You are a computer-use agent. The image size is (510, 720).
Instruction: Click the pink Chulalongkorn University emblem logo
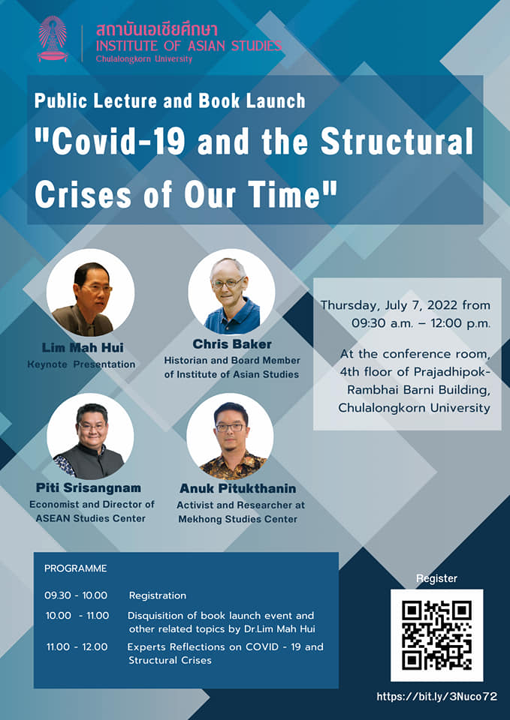pyautogui.click(x=53, y=39)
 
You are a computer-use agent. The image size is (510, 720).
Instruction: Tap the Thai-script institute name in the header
pyautogui.click(x=156, y=29)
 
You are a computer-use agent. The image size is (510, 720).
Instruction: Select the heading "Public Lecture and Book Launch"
pyautogui.click(x=170, y=100)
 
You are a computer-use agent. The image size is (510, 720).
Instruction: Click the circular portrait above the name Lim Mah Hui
pyautogui.click(x=91, y=292)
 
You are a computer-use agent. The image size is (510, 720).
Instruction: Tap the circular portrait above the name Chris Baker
pyautogui.click(x=231, y=292)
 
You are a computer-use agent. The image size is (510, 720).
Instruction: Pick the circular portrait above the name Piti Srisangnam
pyautogui.click(x=90, y=436)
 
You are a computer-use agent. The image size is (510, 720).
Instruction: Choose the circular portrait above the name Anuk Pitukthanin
pyautogui.click(x=230, y=436)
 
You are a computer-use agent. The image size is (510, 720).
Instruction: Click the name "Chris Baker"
pyautogui.click(x=232, y=344)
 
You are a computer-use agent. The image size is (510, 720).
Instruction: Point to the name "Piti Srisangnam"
pyautogui.click(x=89, y=487)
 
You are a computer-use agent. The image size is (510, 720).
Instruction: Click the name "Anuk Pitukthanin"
pyautogui.click(x=238, y=488)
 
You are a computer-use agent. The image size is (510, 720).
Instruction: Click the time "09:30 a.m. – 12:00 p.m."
pyautogui.click(x=421, y=323)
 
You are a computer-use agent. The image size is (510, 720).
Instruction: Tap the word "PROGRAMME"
pyautogui.click(x=75, y=568)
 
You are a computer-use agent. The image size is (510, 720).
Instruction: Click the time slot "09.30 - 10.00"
pyautogui.click(x=76, y=595)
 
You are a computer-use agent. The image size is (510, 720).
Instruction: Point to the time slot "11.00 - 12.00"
pyautogui.click(x=77, y=647)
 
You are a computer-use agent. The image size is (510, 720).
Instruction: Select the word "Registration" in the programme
pyautogui.click(x=157, y=596)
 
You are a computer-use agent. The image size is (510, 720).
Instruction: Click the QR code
pyautogui.click(x=436, y=635)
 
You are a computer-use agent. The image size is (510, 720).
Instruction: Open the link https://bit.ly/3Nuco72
pyautogui.click(x=437, y=697)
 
